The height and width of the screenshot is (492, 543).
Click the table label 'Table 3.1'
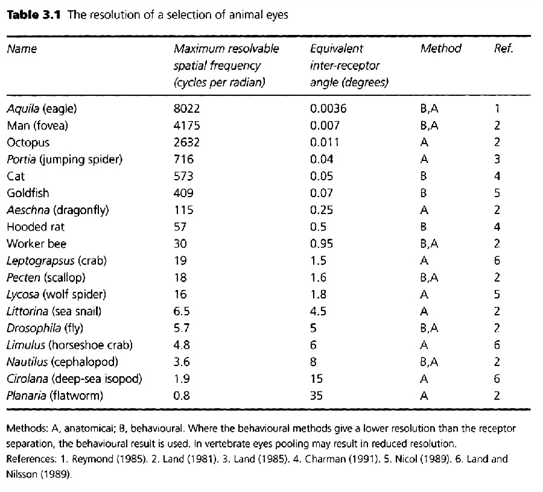coord(34,15)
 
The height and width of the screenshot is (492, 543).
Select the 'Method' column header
coord(440,48)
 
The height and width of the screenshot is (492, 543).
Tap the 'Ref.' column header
coord(504,48)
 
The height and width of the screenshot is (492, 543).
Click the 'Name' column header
coord(22,49)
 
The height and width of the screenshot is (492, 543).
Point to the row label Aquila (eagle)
coord(42,109)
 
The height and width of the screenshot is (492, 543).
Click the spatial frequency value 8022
coord(186,109)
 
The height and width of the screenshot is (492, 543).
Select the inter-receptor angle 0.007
coord(325,125)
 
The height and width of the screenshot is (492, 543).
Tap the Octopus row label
coord(28,143)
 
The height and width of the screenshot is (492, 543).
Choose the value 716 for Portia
coord(183,160)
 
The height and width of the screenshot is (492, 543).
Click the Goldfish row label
coord(28,193)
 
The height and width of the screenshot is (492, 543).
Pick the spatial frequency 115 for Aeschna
coord(183,210)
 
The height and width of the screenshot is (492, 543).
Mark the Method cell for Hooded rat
coord(424,227)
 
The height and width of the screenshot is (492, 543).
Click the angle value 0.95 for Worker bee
coord(322,244)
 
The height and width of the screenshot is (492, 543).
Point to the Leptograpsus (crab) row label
coord(57,261)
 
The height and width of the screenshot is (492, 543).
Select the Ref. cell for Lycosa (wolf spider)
coord(497,294)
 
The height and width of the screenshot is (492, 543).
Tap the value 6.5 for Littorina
coord(182,311)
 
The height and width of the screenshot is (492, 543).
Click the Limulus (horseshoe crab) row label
coord(69,345)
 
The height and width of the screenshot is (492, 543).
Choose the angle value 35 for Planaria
coord(316,396)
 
